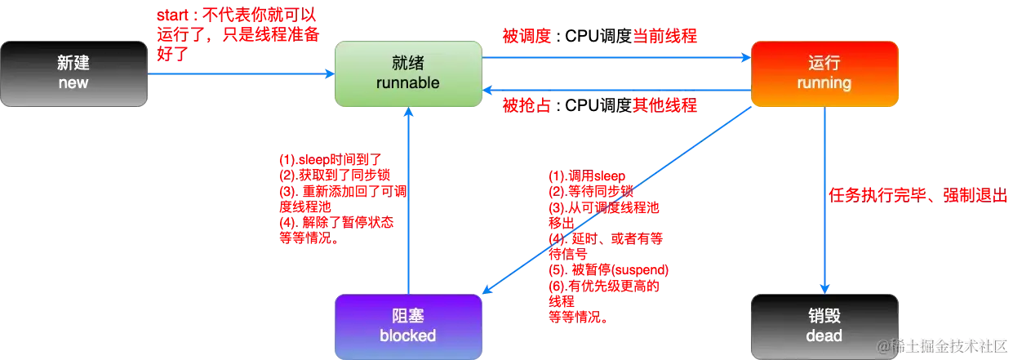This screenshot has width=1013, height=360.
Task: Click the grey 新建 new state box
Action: point(73,73)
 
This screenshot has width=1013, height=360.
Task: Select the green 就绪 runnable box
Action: point(407,73)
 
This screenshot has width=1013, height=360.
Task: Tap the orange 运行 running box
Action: point(824,73)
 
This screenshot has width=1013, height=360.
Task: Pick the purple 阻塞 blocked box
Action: point(407,326)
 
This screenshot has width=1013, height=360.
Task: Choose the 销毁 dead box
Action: point(824,326)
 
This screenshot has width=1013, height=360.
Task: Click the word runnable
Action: point(407,83)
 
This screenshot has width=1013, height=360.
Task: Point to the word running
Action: point(824,83)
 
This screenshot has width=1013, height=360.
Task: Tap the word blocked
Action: point(407,336)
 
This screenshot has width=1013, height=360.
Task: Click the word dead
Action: point(824,336)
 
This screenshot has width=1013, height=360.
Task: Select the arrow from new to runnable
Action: point(241,74)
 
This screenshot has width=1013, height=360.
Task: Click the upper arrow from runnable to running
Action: point(616,57)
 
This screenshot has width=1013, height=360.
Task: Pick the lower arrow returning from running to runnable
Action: point(616,90)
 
